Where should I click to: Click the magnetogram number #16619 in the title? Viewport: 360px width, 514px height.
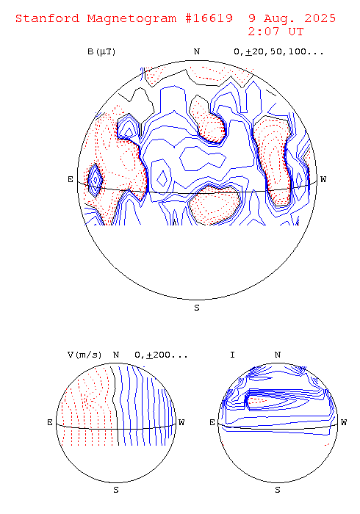tap(209, 18)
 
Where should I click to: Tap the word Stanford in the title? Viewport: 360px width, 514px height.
tap(48, 18)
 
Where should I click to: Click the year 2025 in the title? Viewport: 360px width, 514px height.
tap(320, 18)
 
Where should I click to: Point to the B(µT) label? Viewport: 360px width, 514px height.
tap(101, 52)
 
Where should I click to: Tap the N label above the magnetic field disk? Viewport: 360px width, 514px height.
tap(197, 52)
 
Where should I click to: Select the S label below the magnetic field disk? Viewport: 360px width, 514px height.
tap(197, 308)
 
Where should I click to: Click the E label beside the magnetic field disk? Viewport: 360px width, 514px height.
tap(71, 179)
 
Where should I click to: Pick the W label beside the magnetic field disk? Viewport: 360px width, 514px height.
tap(323, 179)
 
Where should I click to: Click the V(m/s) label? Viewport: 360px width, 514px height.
tap(84, 355)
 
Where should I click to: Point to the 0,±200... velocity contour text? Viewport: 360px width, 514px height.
tap(161, 355)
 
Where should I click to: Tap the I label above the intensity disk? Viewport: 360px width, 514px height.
tap(232, 355)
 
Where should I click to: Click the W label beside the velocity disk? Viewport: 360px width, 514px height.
tap(181, 422)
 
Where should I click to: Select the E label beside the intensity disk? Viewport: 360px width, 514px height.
tap(212, 422)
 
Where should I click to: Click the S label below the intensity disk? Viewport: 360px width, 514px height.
tap(278, 490)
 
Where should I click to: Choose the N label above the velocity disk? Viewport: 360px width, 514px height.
tap(116, 355)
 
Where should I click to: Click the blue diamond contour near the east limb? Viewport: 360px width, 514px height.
tap(96, 181)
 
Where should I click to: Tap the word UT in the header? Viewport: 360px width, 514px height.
tap(296, 32)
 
